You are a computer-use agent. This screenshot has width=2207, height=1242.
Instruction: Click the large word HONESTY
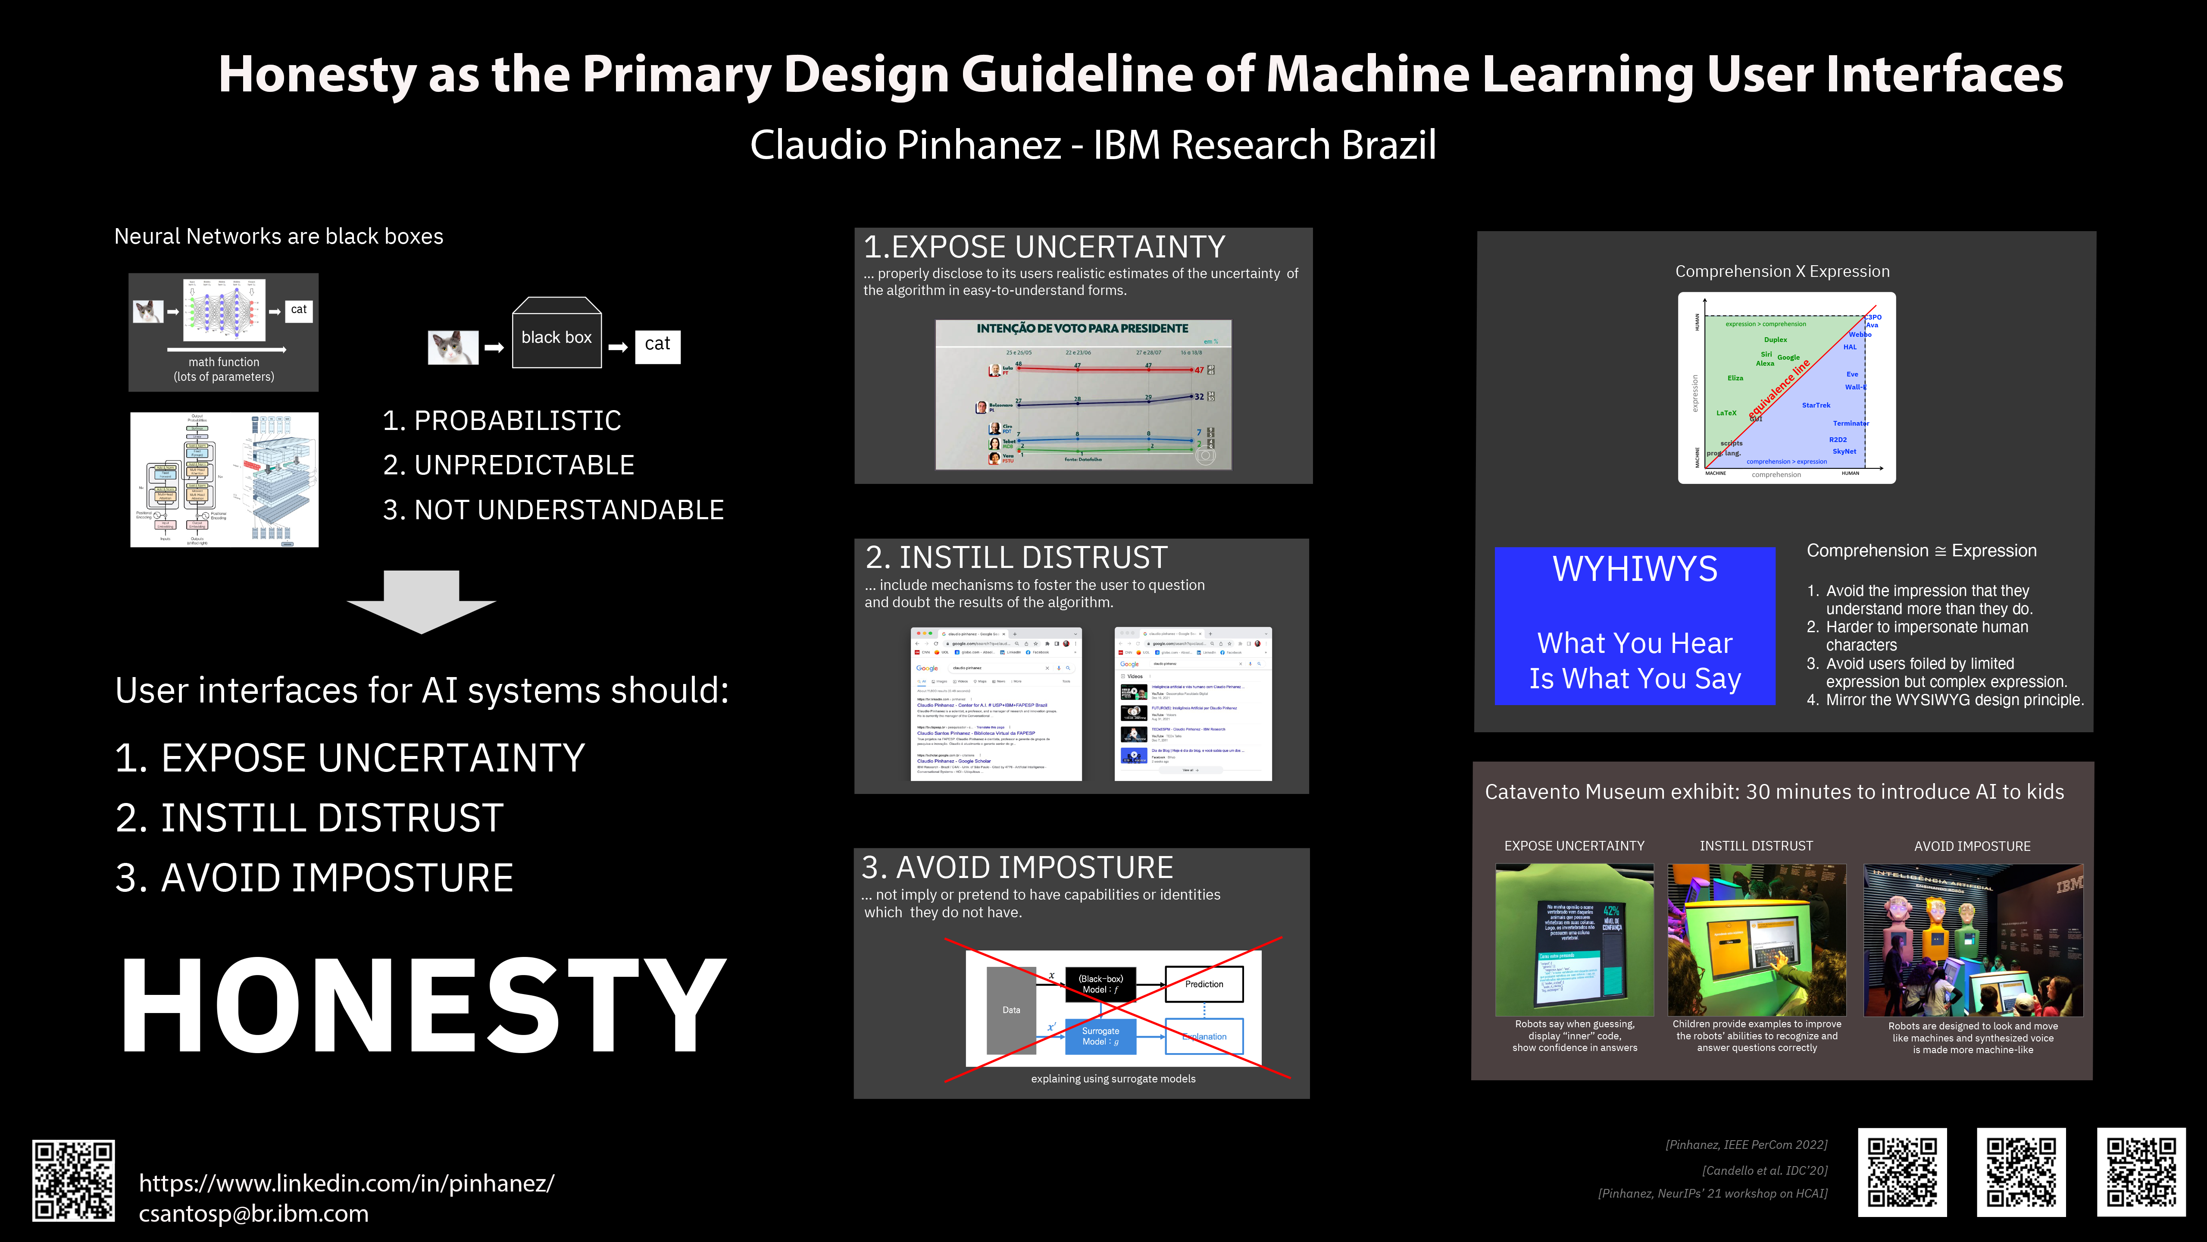[422, 1005]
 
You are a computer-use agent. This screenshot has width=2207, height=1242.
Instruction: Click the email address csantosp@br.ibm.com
[253, 1214]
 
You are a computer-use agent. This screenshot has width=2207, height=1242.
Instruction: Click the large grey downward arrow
[421, 602]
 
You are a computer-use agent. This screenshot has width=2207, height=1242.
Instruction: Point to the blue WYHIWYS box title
[1635, 569]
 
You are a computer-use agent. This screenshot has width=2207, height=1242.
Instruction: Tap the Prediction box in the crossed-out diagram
[1204, 984]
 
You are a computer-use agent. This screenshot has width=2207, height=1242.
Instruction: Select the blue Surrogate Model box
[1100, 1036]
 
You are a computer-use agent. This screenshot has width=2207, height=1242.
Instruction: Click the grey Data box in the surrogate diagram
[1011, 1010]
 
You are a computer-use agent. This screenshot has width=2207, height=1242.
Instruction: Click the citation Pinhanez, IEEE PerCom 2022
[1746, 1144]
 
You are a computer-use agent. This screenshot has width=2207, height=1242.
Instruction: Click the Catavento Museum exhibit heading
[1773, 792]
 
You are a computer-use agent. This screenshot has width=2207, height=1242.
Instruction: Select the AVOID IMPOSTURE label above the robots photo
[1971, 846]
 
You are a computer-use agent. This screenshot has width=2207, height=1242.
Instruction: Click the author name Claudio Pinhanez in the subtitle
[905, 145]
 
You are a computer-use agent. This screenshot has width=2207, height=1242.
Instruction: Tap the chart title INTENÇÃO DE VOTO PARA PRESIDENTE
[1082, 328]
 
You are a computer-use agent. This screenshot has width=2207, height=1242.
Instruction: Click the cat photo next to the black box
[452, 347]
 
